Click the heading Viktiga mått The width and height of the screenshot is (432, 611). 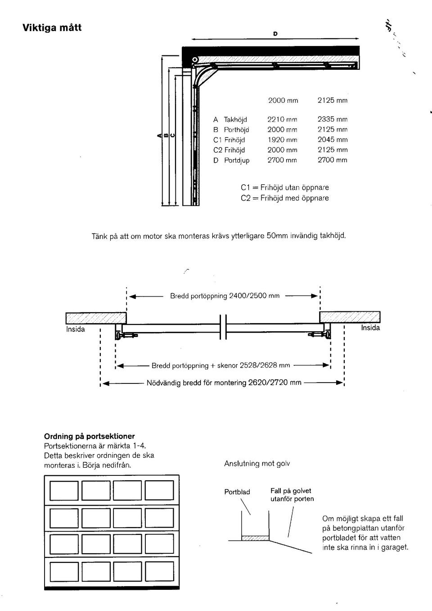52,27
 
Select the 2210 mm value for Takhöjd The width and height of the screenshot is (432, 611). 282,119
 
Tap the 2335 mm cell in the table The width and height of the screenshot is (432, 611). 332,119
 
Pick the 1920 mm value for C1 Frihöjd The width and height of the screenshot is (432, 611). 282,140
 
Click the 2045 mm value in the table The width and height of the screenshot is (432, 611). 332,140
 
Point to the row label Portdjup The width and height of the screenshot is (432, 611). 237,160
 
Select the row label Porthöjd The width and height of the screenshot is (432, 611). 236,130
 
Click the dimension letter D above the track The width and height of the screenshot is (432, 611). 275,34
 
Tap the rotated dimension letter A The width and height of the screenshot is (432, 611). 158,135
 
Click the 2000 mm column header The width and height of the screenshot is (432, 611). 283,100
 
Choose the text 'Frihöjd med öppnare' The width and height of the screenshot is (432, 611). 294,198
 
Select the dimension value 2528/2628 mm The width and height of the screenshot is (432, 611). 265,365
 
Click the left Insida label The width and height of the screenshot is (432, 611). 76,329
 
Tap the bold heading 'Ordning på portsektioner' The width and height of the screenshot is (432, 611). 89,436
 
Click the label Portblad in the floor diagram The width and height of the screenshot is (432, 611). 237,492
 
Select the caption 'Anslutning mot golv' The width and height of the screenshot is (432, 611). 257,464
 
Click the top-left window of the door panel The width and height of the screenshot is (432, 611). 64,490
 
